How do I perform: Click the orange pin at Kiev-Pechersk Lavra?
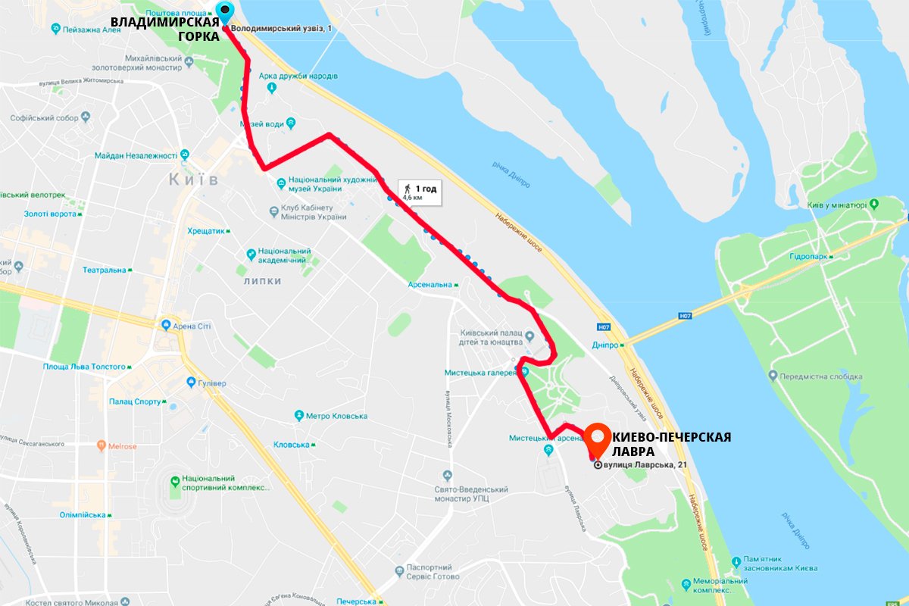pos(598,436)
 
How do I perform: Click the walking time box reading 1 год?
pos(419,192)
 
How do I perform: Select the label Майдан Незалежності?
pos(136,156)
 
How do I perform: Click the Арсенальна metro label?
pos(430,285)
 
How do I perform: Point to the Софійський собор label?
pos(45,118)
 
